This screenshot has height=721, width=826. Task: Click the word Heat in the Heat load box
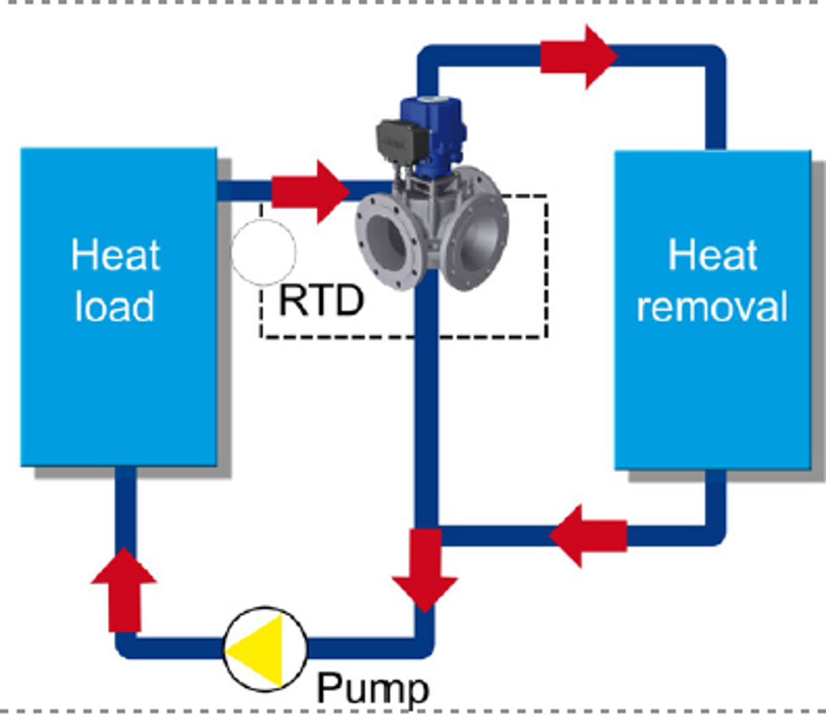[x=116, y=255]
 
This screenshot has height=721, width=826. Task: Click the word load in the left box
[x=114, y=306]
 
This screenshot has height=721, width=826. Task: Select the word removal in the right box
[x=712, y=306]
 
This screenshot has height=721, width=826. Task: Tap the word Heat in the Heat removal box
[x=712, y=255]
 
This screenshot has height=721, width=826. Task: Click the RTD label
[x=321, y=301]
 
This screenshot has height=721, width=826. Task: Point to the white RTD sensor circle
[x=264, y=252]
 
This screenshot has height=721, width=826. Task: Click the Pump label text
[x=372, y=687]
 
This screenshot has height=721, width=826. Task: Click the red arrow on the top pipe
[x=577, y=56]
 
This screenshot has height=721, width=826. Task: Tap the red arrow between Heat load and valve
[x=310, y=191]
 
